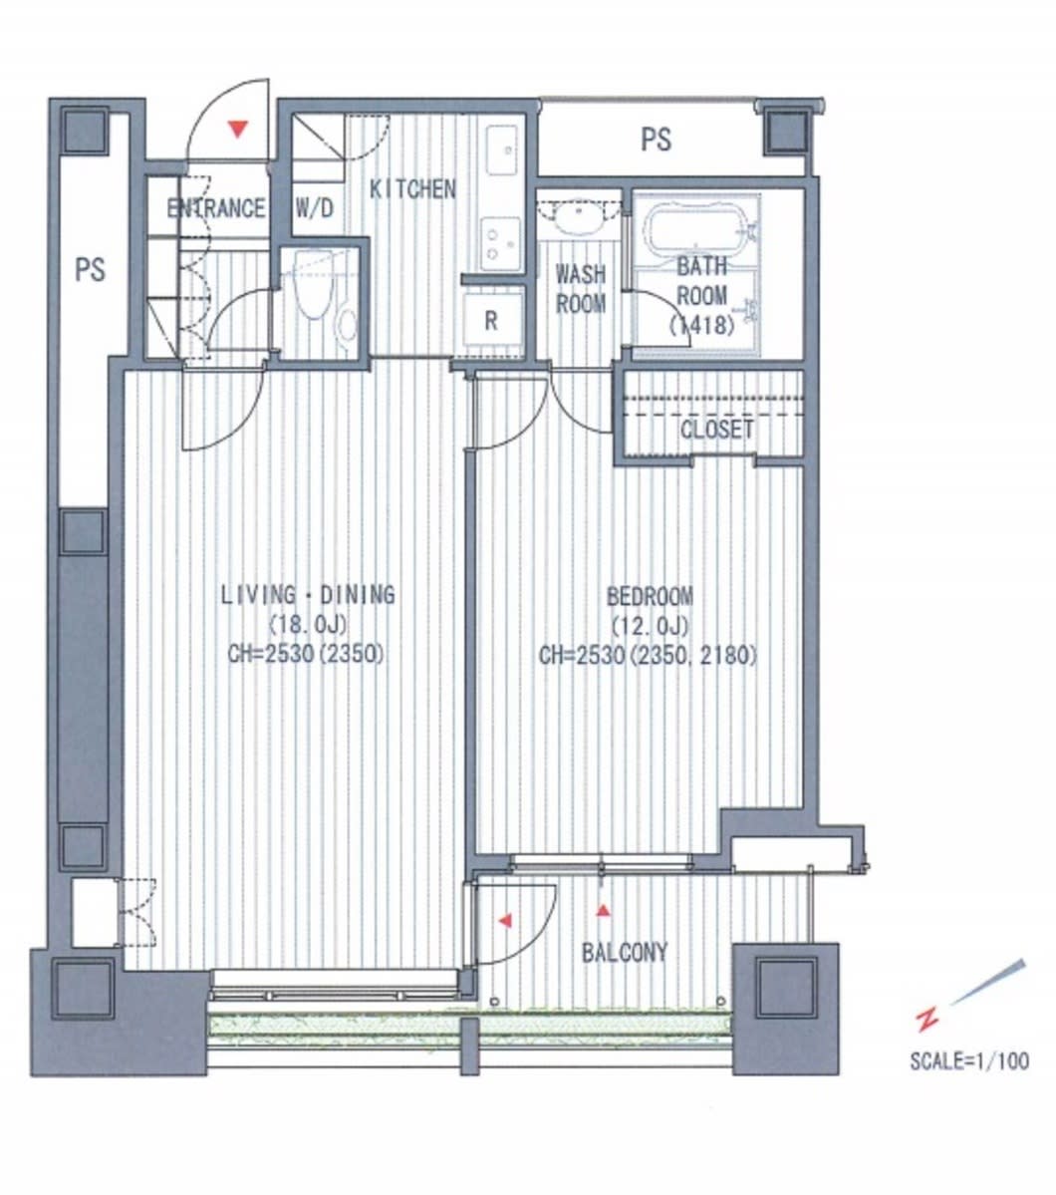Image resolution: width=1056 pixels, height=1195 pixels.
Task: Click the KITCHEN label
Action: [x=412, y=189]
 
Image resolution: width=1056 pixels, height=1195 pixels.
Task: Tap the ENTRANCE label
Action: [x=216, y=208]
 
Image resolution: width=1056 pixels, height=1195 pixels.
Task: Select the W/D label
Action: [x=314, y=207]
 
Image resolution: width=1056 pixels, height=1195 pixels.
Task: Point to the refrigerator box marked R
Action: [x=492, y=320]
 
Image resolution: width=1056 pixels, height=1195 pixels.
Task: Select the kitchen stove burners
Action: [x=500, y=243]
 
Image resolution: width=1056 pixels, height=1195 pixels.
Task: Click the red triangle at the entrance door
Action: [x=238, y=130]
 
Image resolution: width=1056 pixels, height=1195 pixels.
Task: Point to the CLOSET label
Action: [x=716, y=430]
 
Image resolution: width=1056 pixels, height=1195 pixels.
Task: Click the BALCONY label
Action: [x=624, y=952]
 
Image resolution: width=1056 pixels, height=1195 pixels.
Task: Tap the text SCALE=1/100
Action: [x=969, y=1060]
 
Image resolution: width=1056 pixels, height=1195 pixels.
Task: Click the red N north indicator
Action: [x=927, y=1019]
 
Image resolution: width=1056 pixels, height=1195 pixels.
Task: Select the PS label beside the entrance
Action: [x=90, y=269]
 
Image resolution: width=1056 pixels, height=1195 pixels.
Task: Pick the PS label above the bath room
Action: [x=656, y=140]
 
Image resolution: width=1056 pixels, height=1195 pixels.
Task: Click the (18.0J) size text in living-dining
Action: [x=307, y=625]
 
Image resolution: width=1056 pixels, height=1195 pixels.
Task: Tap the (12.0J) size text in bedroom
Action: [x=650, y=626]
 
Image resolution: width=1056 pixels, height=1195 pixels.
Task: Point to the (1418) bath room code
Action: [x=701, y=326]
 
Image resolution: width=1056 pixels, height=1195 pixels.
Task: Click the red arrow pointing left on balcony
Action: [x=504, y=922]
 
